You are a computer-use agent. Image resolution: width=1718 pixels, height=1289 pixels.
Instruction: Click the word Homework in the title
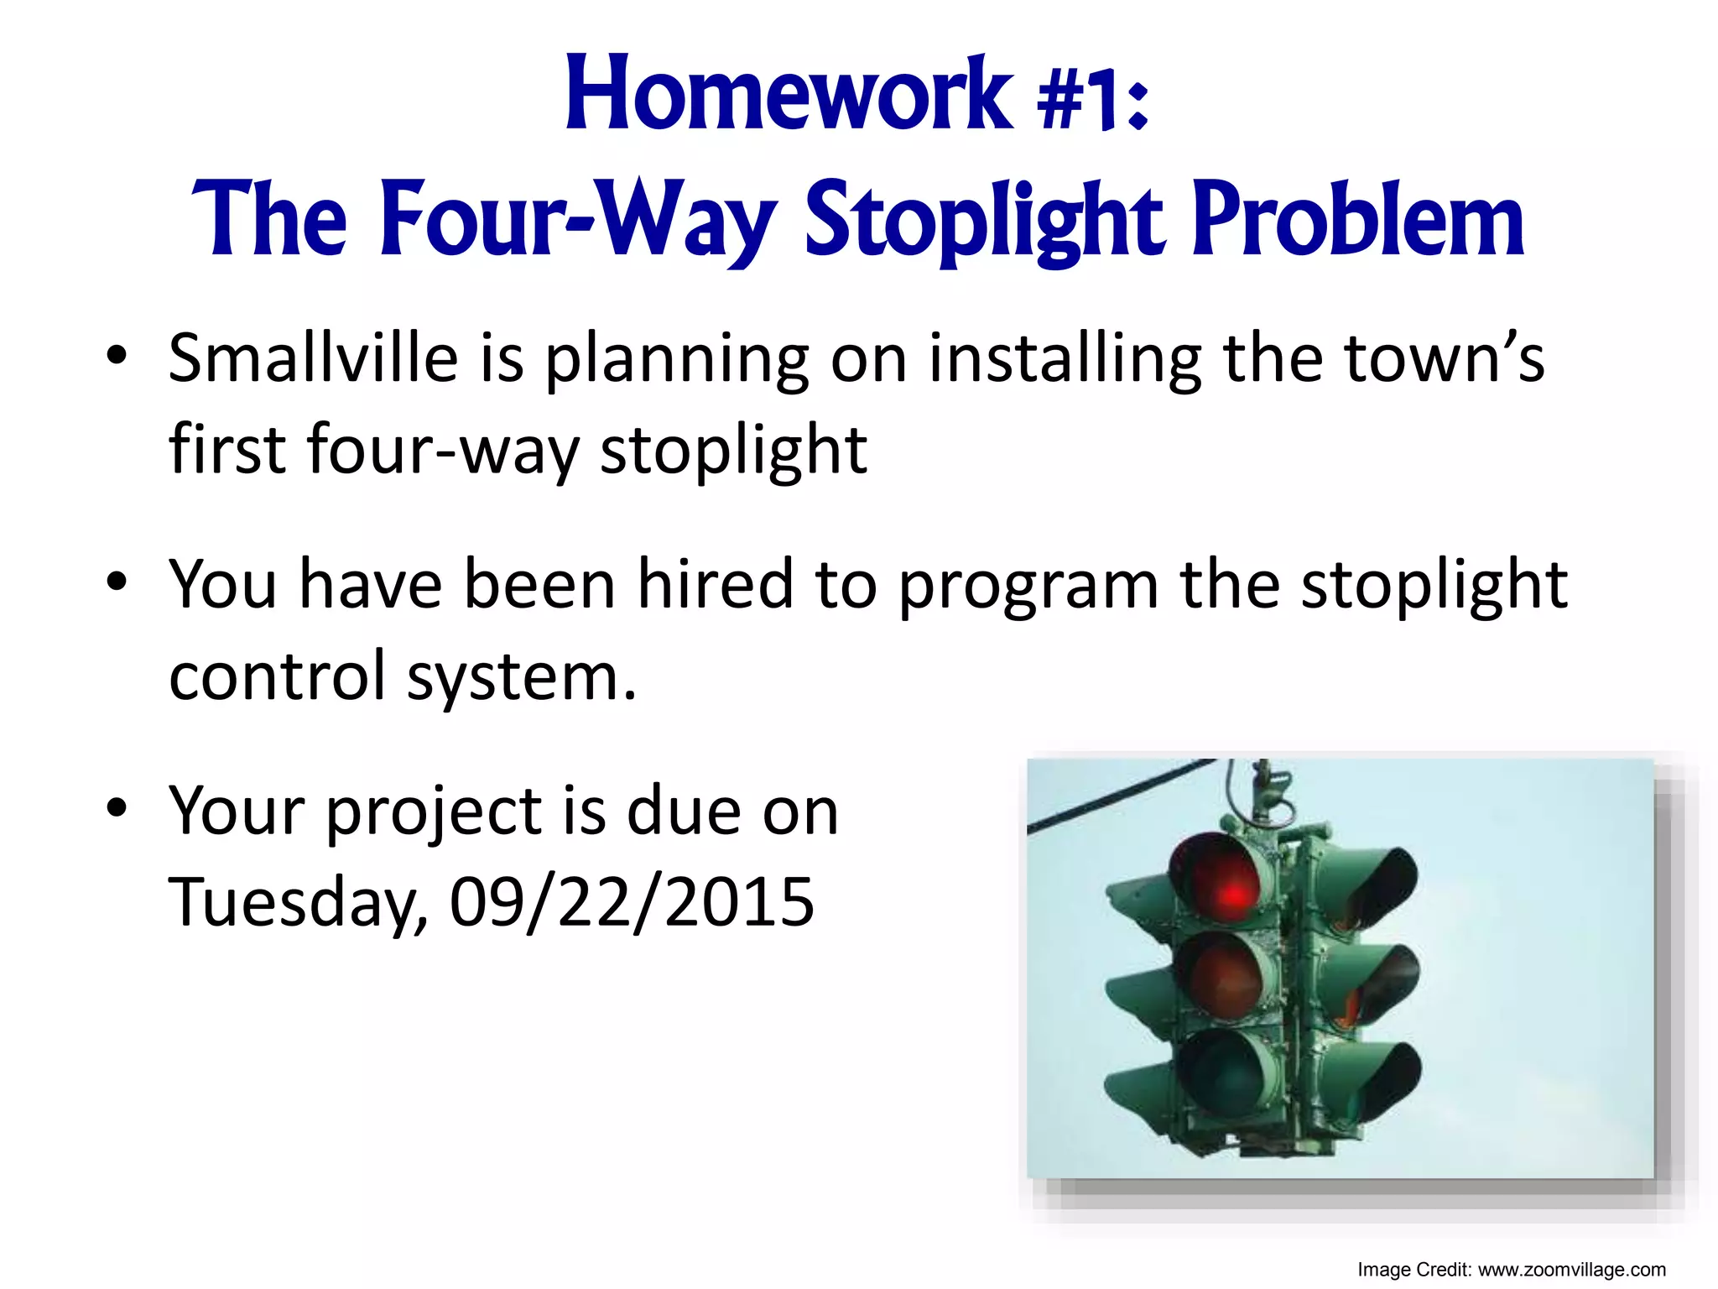(789, 94)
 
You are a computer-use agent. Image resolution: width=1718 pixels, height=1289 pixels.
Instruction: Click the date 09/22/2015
(631, 903)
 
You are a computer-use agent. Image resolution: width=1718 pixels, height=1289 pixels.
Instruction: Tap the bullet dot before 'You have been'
(117, 581)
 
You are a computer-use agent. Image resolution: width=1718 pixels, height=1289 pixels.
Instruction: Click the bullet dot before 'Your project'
(117, 807)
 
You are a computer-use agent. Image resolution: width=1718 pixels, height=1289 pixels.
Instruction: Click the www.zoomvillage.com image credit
(1571, 1270)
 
